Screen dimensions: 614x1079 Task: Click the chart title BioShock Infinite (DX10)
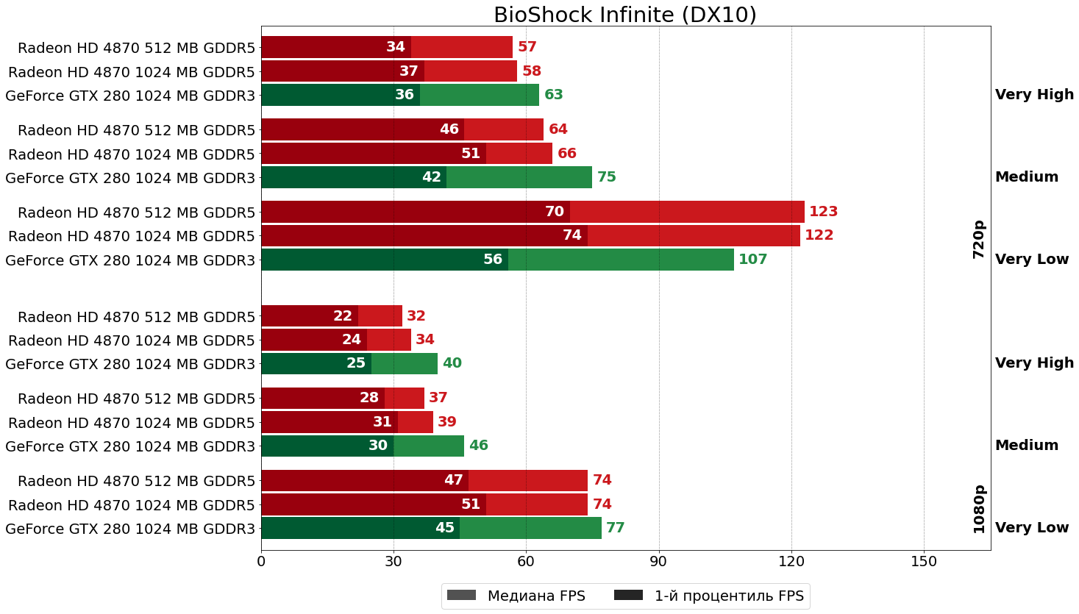pos(625,15)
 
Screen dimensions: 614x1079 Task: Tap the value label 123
pos(823,212)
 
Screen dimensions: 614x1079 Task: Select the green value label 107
pos(752,260)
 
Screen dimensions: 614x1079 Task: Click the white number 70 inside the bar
pos(554,212)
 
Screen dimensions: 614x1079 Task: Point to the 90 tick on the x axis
pos(658,562)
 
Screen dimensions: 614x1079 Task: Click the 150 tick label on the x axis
pos(924,562)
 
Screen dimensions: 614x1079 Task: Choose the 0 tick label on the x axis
pos(261,562)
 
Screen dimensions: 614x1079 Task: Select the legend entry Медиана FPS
pos(516,596)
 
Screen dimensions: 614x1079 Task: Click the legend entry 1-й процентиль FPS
pos(710,596)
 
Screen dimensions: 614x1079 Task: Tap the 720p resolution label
pos(978,239)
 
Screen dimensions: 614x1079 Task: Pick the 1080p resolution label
pos(978,509)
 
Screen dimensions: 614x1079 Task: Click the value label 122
pos(819,235)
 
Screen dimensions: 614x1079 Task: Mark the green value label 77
pos(615,528)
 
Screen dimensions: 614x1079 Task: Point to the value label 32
pos(416,316)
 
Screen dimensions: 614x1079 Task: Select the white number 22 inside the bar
pos(343,316)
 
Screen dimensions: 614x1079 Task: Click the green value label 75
pos(606,177)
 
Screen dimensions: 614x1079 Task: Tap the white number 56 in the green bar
pos(492,260)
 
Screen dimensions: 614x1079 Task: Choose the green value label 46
pos(478,446)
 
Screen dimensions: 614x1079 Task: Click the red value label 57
pos(527,47)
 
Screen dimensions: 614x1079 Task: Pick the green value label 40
pos(452,363)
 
